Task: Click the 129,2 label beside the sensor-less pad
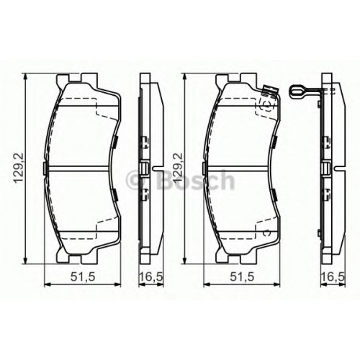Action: [19, 168]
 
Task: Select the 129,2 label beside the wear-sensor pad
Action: [179, 168]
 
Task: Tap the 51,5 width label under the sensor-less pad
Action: [83, 277]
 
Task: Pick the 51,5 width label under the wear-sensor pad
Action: [242, 277]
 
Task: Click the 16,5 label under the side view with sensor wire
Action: [333, 277]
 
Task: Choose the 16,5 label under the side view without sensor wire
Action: [151, 277]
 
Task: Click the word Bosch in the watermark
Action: [195, 180]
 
